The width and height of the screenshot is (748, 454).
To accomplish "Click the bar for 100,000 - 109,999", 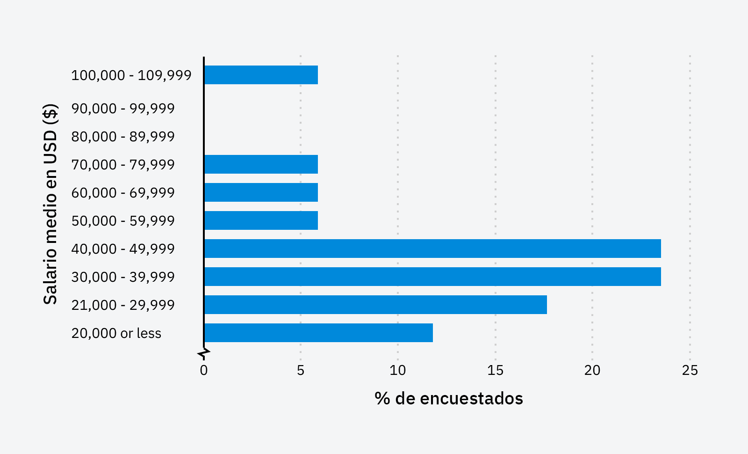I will [261, 75].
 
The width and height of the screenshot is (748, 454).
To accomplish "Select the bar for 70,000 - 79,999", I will [261, 164].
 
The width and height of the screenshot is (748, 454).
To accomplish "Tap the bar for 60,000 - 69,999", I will [261, 192].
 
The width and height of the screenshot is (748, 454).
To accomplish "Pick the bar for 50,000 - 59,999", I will [261, 220].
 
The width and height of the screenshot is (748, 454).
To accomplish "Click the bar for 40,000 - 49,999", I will [432, 249].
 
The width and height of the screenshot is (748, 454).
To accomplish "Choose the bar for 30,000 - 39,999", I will [432, 277].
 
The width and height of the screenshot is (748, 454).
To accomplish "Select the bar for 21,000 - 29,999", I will [375, 305].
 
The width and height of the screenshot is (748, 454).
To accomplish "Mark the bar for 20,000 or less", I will [318, 333].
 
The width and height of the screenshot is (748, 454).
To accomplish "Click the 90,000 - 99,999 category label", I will [123, 109].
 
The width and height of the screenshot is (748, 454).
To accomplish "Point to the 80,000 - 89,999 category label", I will [123, 137].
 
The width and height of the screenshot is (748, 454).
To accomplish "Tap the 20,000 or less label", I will [116, 333].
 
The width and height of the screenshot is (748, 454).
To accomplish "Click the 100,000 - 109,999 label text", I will [131, 75].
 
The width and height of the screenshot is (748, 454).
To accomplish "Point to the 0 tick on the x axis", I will [204, 371].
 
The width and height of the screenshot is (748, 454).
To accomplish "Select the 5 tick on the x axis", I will [301, 371].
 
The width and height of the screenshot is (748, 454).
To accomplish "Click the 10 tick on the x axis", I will [398, 371].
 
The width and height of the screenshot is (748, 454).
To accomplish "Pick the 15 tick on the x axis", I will [495, 371].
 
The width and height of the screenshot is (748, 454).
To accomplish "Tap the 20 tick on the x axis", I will [592, 371].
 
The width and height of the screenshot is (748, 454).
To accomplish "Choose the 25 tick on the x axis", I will [690, 371].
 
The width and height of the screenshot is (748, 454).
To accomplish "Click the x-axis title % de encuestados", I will [449, 398].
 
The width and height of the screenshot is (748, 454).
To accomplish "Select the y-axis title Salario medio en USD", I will [50, 204].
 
